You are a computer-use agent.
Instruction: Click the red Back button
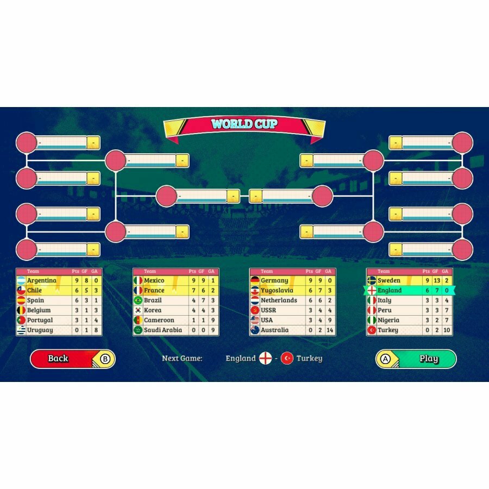(x=73, y=359)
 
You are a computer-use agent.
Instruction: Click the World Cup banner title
(x=244, y=124)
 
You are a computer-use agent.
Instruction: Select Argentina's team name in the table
(x=42, y=280)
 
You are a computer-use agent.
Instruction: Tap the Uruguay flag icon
(x=21, y=330)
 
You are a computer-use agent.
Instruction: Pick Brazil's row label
(x=153, y=300)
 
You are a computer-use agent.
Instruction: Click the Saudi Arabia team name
(x=163, y=330)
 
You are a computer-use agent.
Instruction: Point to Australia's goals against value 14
(x=330, y=330)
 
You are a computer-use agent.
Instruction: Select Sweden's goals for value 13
(x=437, y=280)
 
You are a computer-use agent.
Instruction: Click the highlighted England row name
(x=390, y=290)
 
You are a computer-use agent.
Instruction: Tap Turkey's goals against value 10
(x=447, y=330)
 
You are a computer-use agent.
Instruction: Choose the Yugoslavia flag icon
(x=255, y=290)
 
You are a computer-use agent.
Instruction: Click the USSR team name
(x=268, y=310)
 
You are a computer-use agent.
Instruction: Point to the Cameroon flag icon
(x=138, y=320)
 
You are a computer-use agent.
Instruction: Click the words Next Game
(x=182, y=359)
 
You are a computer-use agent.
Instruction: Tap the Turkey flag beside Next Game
(x=287, y=359)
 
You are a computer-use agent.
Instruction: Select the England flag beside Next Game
(x=265, y=359)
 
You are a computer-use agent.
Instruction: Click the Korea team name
(x=153, y=310)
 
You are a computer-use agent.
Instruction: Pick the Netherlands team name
(x=279, y=300)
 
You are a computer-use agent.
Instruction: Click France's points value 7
(x=193, y=290)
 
